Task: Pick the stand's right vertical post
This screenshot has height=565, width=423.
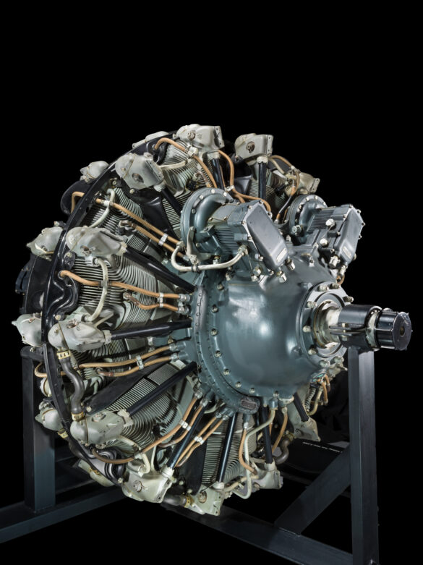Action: coord(362,449)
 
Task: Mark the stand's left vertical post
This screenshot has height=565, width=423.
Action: coord(32,434)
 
